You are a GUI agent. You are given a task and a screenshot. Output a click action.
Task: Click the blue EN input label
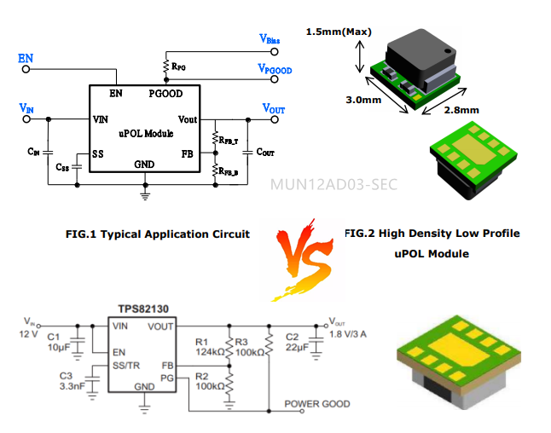coord(26,58)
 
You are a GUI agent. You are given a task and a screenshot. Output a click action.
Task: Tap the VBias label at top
coord(270,38)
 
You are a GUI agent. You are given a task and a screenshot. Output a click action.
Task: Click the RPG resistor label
coord(179,66)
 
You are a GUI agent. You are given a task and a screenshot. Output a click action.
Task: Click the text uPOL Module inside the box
coord(145,134)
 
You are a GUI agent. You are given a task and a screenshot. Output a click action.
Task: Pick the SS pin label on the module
coord(98,154)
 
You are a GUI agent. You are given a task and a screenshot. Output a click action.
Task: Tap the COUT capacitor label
coord(265,152)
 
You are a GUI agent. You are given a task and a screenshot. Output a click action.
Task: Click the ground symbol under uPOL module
coord(145,196)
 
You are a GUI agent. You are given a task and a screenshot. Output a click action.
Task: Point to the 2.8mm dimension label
coord(461,109)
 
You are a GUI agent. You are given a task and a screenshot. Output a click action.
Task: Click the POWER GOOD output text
coord(316,404)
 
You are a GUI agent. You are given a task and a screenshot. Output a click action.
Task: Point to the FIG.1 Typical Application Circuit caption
coord(158,234)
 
